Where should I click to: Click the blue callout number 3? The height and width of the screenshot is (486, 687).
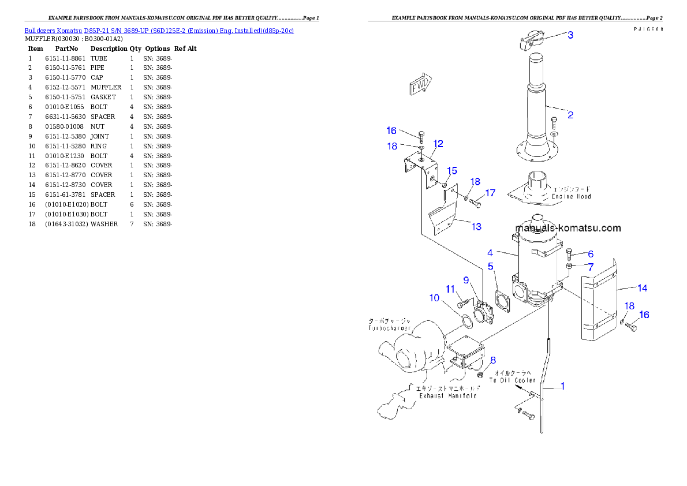click(570, 35)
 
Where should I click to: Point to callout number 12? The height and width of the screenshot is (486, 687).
click(438, 144)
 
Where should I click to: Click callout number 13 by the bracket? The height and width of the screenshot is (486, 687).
click(476, 227)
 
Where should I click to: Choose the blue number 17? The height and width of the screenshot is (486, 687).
click(490, 193)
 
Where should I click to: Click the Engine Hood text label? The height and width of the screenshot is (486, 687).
click(571, 193)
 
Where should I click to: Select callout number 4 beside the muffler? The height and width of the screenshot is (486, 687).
click(490, 252)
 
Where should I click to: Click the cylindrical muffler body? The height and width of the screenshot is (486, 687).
click(539, 266)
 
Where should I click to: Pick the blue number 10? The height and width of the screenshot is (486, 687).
click(434, 298)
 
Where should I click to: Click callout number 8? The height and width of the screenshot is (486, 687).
click(492, 360)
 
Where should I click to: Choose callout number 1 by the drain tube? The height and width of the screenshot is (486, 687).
click(563, 386)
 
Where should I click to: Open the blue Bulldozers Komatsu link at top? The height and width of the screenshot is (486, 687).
click(159, 30)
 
